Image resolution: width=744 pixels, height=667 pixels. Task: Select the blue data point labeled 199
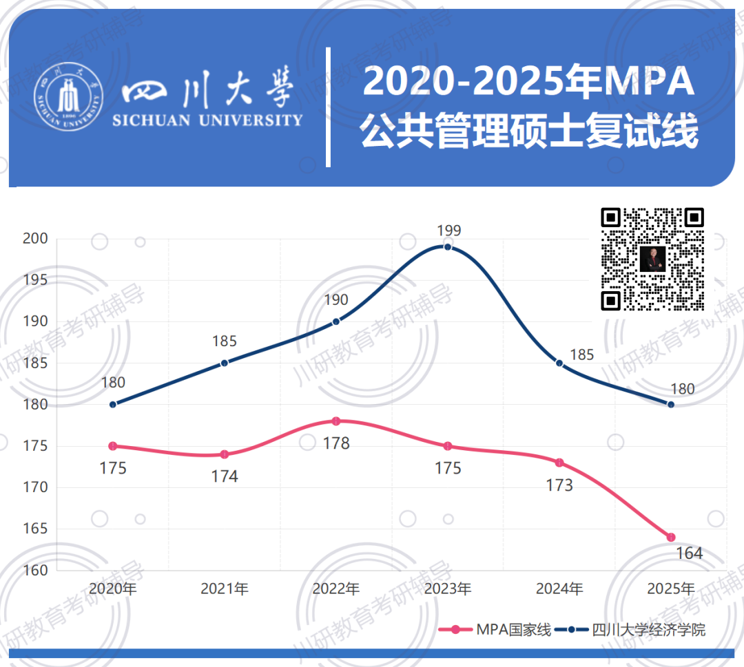[448, 247]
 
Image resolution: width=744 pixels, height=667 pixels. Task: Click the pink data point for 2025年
[671, 537]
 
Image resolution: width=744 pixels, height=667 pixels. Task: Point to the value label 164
[689, 553]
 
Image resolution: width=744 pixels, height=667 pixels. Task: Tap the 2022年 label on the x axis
[335, 589]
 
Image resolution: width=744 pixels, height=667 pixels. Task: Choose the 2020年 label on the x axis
[113, 589]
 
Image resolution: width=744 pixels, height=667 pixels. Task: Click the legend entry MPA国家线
[495, 630]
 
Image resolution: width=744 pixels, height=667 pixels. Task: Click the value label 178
[336, 444]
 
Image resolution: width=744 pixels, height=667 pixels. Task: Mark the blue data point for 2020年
[113, 404]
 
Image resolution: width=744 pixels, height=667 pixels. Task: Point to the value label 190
[336, 300]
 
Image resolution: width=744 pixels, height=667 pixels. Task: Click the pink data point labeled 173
[559, 463]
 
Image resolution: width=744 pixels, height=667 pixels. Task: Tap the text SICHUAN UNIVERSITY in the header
[207, 120]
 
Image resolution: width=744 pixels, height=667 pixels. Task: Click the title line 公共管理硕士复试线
[529, 130]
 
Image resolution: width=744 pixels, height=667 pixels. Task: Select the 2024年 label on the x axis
[559, 589]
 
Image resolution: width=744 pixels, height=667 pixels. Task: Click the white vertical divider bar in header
[328, 107]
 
